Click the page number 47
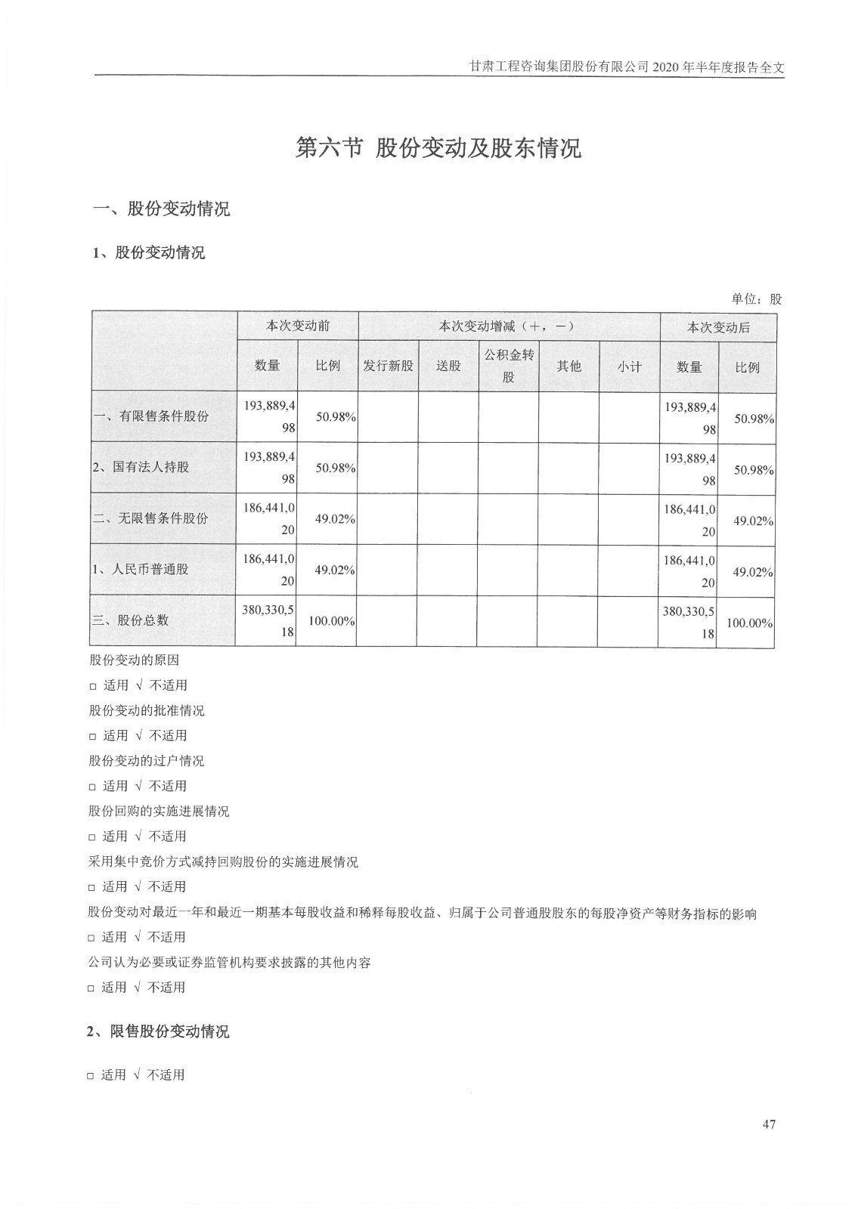769,1124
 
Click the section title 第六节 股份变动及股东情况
438,148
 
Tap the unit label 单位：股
756,298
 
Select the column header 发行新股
389,366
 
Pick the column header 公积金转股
509,366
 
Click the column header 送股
448,366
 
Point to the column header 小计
629,366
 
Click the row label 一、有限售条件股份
151,416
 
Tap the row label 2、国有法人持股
141,467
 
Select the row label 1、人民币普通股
141,569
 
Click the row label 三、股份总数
132,620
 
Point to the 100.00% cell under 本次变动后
749,623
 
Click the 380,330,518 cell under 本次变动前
268,620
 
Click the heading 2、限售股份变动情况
158,1031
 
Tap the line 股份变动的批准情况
147,710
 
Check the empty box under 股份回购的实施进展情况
93,837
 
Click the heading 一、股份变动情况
161,209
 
